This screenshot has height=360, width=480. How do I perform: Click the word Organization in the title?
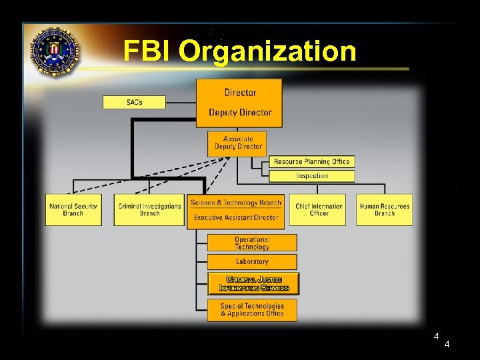(267, 51)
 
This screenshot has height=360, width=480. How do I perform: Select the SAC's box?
(134, 102)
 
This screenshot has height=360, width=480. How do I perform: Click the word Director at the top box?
(240, 93)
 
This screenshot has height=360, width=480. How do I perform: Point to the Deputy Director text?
(240, 112)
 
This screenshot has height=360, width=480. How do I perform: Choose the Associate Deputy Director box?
(238, 143)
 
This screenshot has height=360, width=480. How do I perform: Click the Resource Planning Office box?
(311, 161)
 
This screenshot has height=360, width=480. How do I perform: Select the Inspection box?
(311, 176)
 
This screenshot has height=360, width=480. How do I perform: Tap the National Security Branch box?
(73, 209)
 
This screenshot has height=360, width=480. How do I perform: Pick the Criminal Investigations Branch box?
(149, 209)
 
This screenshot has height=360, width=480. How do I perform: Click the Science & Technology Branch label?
(236, 203)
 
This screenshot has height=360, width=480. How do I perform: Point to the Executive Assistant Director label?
(236, 217)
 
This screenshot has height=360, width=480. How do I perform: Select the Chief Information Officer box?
(319, 209)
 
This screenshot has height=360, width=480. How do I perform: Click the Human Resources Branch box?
(385, 209)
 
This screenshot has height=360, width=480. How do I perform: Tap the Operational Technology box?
(252, 243)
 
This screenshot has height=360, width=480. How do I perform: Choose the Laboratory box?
(252, 261)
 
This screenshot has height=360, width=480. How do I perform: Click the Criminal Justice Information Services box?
(253, 283)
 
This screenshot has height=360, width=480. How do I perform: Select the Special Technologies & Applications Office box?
(252, 310)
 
